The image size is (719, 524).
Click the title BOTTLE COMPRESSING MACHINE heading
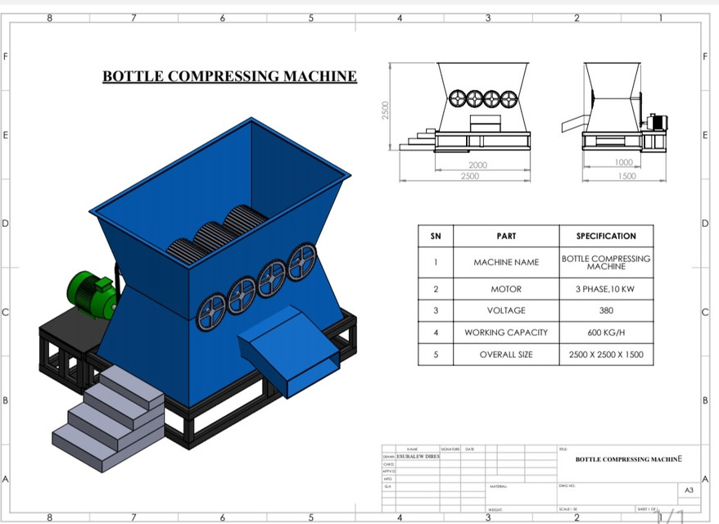coord(229,77)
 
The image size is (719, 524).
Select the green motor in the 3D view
coord(92,294)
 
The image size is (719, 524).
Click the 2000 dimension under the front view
coord(477,165)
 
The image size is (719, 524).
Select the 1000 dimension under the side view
coord(624,163)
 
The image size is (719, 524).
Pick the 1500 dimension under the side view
coord(626,176)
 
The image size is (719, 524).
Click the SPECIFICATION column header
coord(606,236)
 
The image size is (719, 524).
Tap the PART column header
coord(506,236)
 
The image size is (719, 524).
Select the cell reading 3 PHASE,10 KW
coord(606,289)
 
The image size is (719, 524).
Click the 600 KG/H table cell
coord(606,332)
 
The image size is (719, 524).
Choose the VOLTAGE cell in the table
coord(506,311)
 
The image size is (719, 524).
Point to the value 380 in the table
coord(606,311)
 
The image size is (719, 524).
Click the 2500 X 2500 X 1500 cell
coord(606,355)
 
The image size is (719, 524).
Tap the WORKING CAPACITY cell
coord(506,332)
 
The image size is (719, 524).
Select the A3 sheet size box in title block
coord(689,490)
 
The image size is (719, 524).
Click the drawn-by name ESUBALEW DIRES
coord(418,456)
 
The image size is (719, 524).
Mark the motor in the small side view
coord(656,123)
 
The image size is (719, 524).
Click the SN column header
coord(436,236)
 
